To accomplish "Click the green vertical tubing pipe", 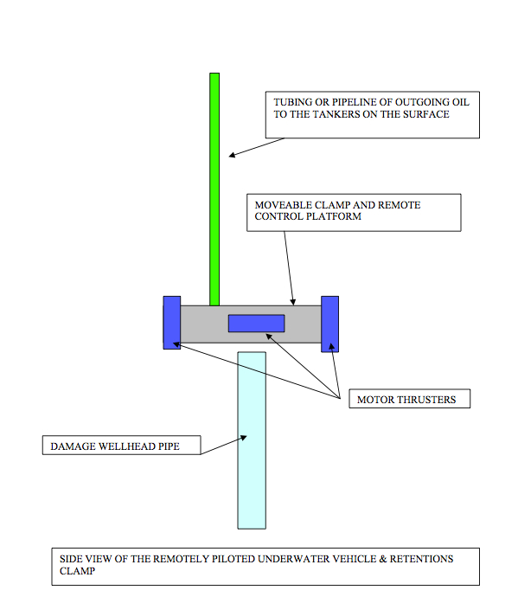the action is [214, 189].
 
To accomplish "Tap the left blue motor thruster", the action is [171, 323].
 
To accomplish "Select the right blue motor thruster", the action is [329, 324].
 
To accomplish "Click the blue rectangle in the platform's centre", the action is [257, 324].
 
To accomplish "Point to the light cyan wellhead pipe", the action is [252, 440].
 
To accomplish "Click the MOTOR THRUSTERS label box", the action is [409, 399].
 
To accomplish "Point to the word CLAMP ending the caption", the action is [77, 571].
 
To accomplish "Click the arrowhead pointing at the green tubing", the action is [232, 155].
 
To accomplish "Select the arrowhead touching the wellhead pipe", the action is [244, 437].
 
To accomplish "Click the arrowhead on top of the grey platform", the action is [293, 302].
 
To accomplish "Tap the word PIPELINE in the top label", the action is [356, 102].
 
